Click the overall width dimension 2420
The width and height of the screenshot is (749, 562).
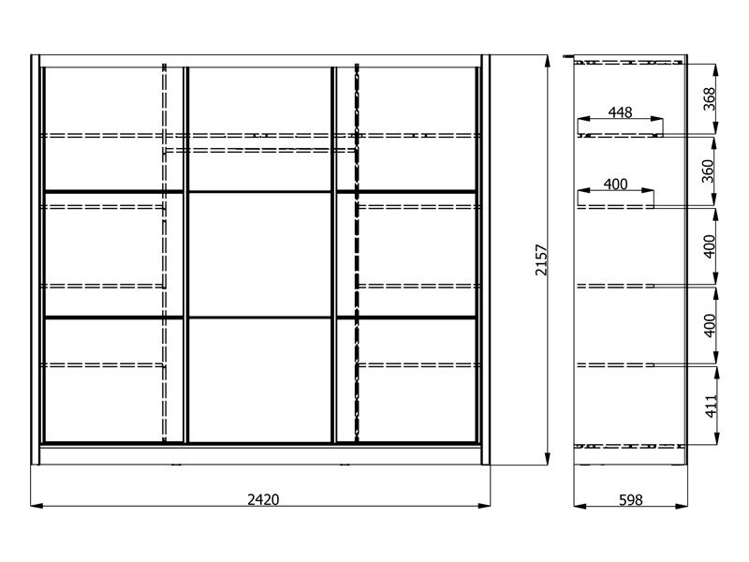263,499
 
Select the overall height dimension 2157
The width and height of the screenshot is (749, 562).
541,260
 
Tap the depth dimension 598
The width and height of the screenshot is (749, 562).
630,500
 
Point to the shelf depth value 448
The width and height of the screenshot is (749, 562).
620,112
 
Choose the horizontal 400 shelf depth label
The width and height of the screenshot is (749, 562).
615,184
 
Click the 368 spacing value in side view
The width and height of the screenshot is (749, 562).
710,99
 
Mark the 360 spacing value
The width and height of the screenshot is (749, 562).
708,171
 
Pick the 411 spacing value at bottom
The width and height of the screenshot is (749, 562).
712,407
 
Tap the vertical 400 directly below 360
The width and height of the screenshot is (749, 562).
710,246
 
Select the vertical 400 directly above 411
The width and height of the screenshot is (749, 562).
710,325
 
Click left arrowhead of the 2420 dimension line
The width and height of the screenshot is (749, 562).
37,505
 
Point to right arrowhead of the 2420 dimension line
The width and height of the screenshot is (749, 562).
484,505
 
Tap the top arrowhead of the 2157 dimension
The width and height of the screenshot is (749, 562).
548,61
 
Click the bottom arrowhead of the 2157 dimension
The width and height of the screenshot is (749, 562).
548,458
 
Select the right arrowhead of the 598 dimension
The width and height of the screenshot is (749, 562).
682,506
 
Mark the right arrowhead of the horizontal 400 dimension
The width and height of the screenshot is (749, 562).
647,190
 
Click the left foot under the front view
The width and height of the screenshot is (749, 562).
176,464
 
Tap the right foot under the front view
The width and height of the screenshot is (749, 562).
344,464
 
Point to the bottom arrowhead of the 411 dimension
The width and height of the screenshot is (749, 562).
716,437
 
